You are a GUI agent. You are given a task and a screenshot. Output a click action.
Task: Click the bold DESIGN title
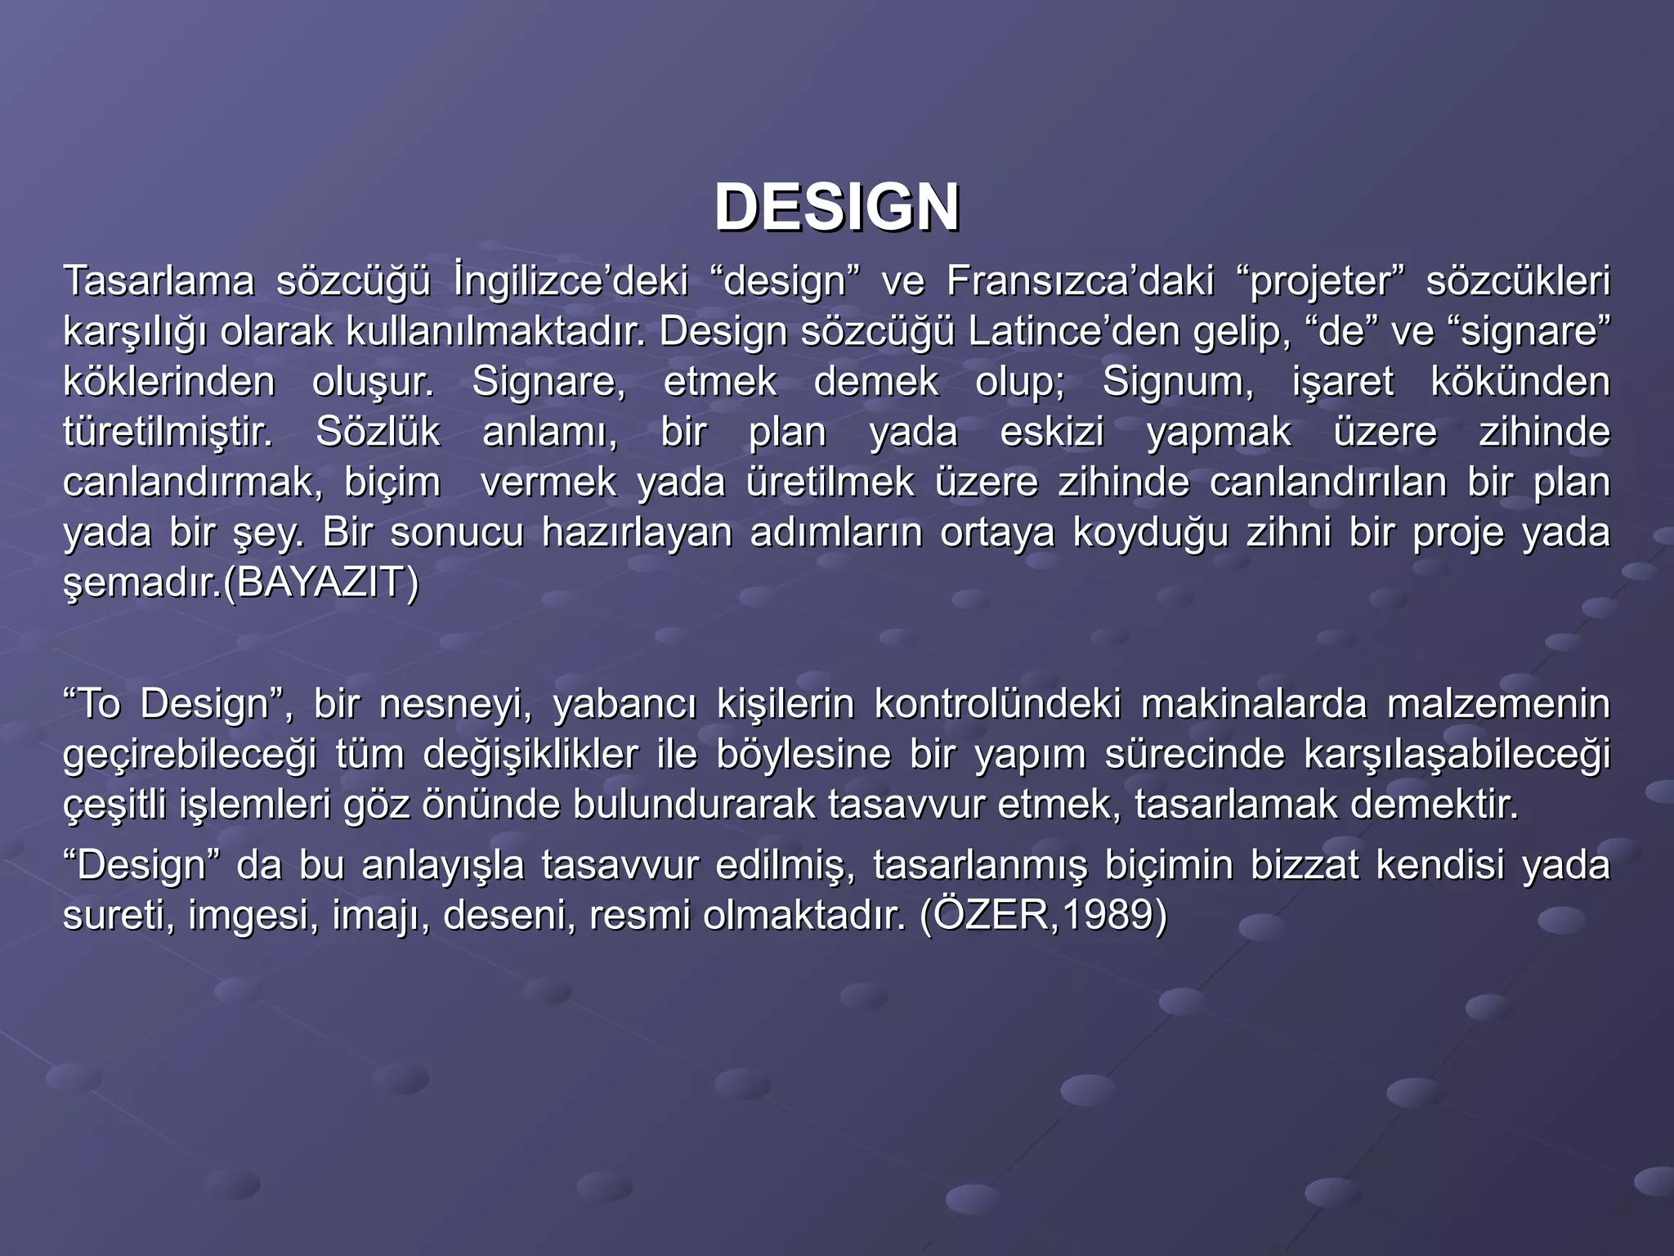tap(836, 208)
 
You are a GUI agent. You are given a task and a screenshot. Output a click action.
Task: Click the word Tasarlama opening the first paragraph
tap(159, 281)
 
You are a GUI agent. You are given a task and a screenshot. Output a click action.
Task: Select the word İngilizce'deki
tap(571, 281)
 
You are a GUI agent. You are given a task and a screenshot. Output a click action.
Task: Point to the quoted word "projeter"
tap(1315, 281)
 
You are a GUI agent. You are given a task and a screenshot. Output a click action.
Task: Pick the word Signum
tap(1178, 383)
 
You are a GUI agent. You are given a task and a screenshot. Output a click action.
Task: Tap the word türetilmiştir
tap(168, 433)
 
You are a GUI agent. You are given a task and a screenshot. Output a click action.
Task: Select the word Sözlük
tap(378, 433)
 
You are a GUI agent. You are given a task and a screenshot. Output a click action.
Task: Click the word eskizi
tap(1052, 433)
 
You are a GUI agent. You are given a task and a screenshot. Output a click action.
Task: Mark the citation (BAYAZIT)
tap(320, 584)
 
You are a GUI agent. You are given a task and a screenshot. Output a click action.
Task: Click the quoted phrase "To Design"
tap(172, 704)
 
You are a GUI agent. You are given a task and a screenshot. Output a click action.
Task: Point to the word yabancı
tap(624, 704)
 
